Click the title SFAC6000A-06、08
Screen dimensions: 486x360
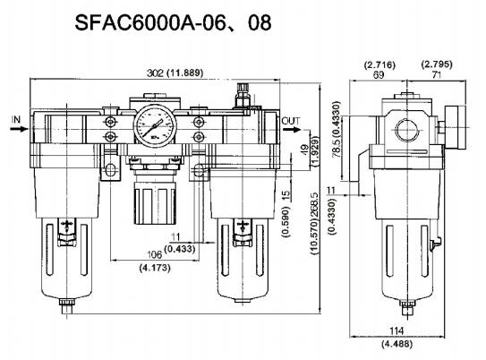(173, 22)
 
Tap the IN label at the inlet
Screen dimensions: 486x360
(15, 119)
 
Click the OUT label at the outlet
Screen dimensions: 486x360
(291, 121)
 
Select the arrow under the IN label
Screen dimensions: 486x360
(19, 128)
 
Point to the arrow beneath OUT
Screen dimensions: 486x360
(292, 129)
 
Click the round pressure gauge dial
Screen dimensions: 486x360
(155, 125)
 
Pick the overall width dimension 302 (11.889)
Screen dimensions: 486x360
(175, 73)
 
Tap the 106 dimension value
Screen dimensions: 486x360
(154, 254)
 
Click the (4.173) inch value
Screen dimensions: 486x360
(155, 267)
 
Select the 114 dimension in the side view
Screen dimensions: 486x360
(396, 330)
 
